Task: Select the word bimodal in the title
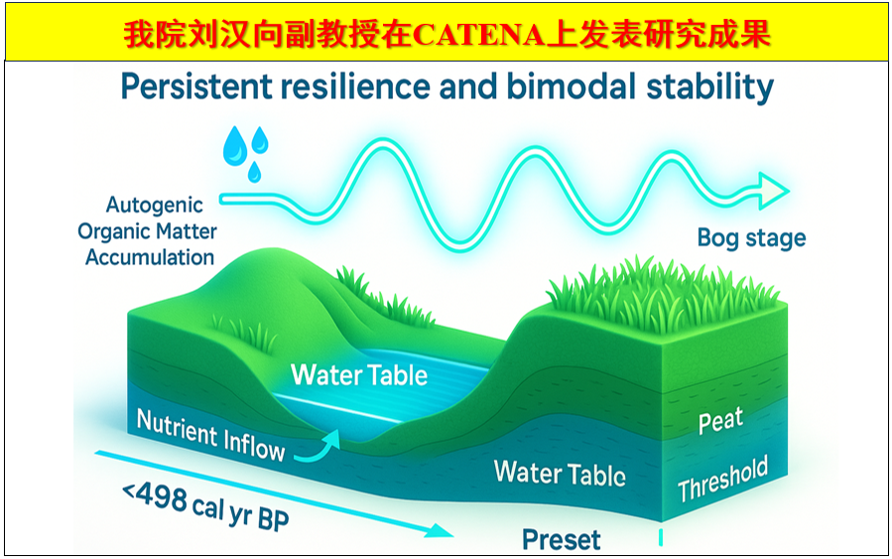[x=571, y=86]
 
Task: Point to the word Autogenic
[x=154, y=206]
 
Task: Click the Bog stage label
[x=751, y=238]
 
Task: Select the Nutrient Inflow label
[x=210, y=436]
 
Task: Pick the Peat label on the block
[x=720, y=421]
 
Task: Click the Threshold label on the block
[x=722, y=479]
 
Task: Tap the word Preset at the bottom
[x=561, y=540]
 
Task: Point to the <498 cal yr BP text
[x=205, y=506]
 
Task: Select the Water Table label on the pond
[x=359, y=375]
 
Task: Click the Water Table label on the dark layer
[x=560, y=473]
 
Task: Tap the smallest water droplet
[x=254, y=172]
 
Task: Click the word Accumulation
[x=150, y=257]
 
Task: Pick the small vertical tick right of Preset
[x=661, y=537]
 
